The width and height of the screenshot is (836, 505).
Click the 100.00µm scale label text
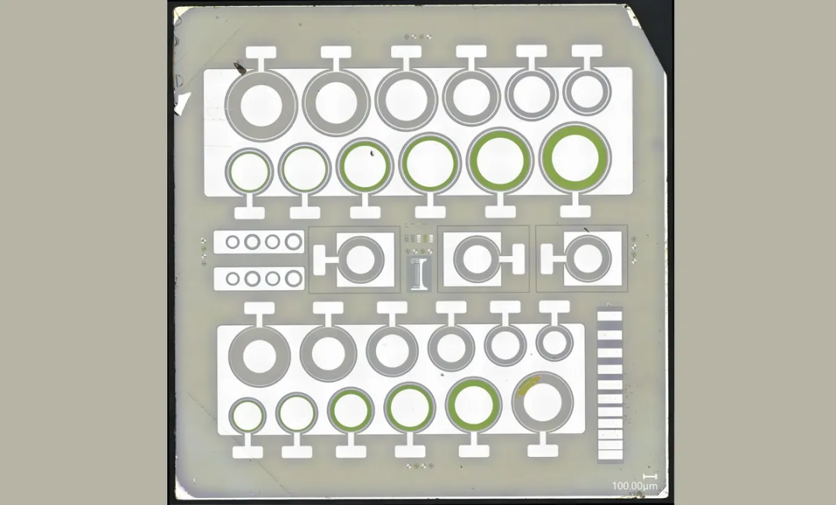pyautogui.click(x=635, y=486)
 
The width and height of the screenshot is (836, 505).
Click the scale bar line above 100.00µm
pyautogui.click(x=649, y=476)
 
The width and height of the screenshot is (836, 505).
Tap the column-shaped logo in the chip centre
pyautogui.click(x=419, y=273)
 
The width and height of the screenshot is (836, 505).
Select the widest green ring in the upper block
pyautogui.click(x=574, y=158)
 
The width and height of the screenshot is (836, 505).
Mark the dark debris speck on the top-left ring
pyautogui.click(x=239, y=67)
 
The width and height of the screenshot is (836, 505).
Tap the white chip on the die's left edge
pyautogui.click(x=183, y=103)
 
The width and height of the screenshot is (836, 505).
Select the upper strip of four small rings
pyautogui.click(x=259, y=242)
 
